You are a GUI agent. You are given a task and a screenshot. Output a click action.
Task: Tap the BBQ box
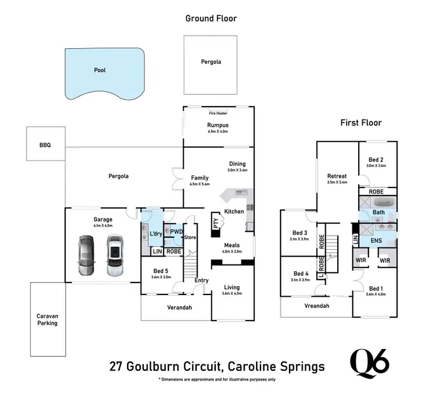[x=45, y=145]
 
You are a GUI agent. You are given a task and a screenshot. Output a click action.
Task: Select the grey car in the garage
[x=86, y=254]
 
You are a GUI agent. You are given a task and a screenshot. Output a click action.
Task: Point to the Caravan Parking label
[x=48, y=319]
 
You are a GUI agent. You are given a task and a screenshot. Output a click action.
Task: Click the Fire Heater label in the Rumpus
[x=218, y=113]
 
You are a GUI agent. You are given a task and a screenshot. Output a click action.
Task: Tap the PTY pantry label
[x=215, y=223]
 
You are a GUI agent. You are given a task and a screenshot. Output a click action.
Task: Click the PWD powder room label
[x=176, y=231]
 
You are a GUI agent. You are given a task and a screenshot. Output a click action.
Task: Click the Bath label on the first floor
[x=379, y=213]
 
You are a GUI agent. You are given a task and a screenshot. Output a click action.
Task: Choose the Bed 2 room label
[x=376, y=159]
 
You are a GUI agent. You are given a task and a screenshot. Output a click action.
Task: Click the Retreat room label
[x=337, y=176]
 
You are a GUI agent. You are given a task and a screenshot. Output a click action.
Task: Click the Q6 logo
[x=369, y=362]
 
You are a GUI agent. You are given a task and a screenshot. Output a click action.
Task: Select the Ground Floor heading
[x=211, y=18]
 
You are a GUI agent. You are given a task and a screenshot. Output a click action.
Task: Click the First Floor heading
[x=360, y=122]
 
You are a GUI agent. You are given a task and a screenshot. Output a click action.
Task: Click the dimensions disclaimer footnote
[x=217, y=379]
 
